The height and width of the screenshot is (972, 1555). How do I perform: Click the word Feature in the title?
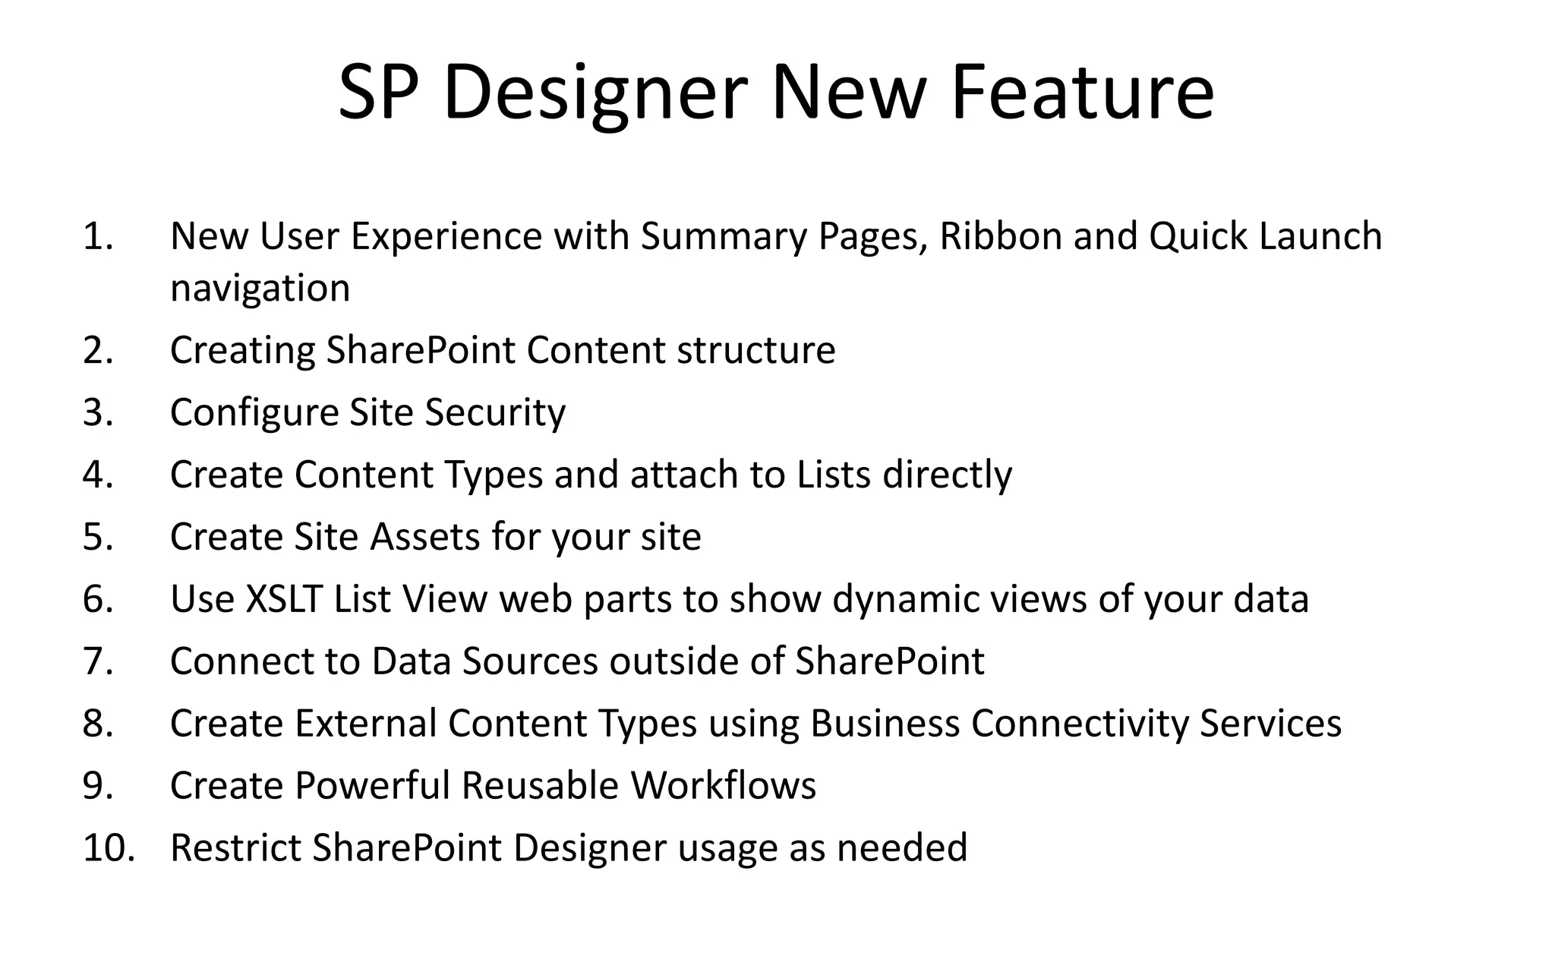point(1081,92)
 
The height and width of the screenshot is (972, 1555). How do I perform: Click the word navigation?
point(260,288)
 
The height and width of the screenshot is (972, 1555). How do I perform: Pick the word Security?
point(495,412)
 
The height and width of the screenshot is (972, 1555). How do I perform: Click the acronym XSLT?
point(284,598)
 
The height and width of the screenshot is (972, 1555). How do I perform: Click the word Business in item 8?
point(885,723)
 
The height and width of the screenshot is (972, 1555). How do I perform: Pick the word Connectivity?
point(1079,723)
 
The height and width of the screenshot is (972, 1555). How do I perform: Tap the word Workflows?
point(723,785)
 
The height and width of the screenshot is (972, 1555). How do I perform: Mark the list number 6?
point(98,598)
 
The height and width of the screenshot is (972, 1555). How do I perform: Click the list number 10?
point(109,847)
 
